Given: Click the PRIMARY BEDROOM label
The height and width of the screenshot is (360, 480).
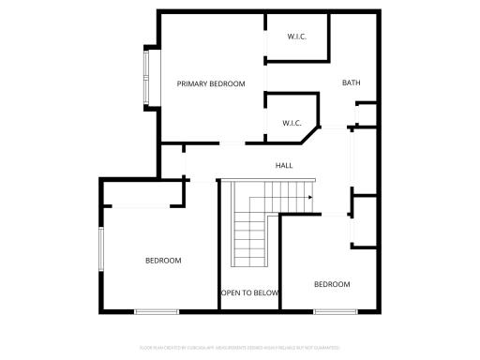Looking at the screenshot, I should [211, 84].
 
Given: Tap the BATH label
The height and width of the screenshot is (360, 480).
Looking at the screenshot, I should [351, 83].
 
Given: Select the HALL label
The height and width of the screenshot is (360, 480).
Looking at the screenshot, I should [284, 166].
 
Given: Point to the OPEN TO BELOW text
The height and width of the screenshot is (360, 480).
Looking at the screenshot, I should [250, 292].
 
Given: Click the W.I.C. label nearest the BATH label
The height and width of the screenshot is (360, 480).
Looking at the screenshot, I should [296, 37].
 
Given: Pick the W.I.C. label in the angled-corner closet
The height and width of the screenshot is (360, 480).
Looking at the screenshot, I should [291, 123].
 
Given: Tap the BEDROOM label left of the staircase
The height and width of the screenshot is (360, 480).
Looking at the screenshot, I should [163, 261].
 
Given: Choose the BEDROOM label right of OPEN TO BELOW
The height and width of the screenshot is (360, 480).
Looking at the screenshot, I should [332, 284].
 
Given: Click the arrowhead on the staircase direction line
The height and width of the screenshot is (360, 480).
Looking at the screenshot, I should [308, 197].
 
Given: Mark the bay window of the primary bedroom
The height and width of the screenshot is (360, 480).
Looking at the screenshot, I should [146, 77].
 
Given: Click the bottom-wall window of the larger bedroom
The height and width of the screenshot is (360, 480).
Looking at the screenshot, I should [157, 311].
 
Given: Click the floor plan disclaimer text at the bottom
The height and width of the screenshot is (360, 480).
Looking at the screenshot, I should [239, 347].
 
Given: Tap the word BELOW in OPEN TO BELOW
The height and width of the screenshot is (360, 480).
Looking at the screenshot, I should [266, 292].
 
